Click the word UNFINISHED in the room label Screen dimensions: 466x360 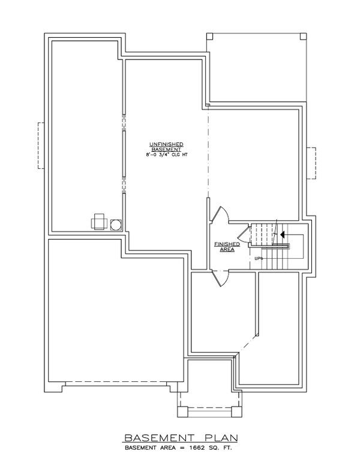(x=166, y=144)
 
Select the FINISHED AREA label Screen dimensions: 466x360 (x=227, y=247)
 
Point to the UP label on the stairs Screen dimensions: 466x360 (x=258, y=259)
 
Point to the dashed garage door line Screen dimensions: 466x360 (x=120, y=382)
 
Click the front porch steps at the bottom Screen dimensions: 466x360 (x=209, y=411)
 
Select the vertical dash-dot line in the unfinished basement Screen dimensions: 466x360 (x=207, y=162)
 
